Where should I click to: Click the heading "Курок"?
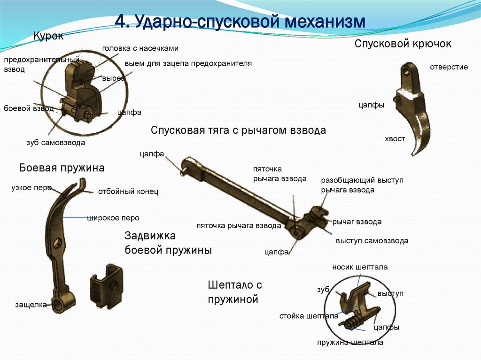pos(48,36)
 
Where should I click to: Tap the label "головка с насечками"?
pos(140,48)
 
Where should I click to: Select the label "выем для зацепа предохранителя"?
pos(188,63)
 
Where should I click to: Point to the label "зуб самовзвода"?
pos(56,143)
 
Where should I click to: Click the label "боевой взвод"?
pos(29,108)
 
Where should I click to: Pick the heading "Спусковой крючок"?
pos(403,44)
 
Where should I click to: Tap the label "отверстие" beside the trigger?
pos(449,67)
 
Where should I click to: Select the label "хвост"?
pos(395,139)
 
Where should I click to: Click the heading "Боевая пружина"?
pos(62,168)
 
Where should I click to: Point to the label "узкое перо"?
pos(31,188)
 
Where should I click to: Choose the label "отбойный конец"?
pos(128,191)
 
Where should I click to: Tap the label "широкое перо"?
pos(113,218)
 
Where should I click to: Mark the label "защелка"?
pos(31,305)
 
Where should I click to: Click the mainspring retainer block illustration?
pos(106,287)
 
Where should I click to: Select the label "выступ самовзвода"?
pos(372,241)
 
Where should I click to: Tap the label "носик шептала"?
pos(360,267)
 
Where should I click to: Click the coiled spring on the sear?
pos(351,322)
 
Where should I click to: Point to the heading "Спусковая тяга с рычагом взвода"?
pos(238,130)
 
